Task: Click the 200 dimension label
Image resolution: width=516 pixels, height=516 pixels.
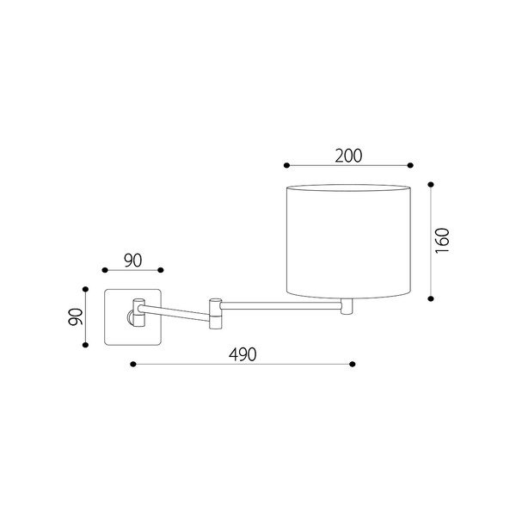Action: pos(348,156)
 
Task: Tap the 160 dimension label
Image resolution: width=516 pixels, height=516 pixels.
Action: pos(442,240)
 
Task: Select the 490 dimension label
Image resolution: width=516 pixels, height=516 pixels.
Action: pos(243,354)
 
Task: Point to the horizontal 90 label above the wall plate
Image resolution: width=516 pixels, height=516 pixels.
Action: pos(133,261)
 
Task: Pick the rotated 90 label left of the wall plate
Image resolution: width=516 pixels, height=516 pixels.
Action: pos(76,316)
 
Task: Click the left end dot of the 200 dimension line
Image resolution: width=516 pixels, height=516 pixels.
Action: pos(286,165)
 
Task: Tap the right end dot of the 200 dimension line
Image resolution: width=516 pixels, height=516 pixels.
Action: pos(410,165)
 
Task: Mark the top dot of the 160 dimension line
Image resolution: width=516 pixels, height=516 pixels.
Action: pos(431,185)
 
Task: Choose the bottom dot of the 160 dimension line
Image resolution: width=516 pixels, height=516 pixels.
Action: pos(431,298)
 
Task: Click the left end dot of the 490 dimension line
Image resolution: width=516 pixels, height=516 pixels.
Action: pos(133,364)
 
